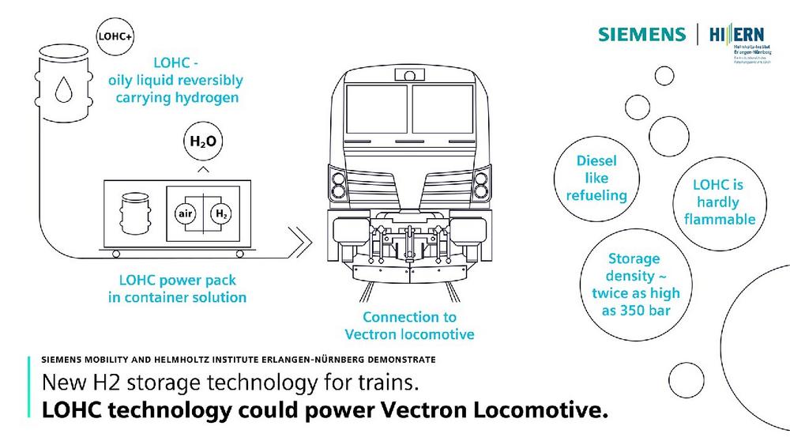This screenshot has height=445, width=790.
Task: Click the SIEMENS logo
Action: (x=641, y=34)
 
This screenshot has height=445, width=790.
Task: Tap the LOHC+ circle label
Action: (x=113, y=36)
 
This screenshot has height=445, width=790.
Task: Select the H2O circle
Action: (x=203, y=143)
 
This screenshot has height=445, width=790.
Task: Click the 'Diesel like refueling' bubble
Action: (x=597, y=178)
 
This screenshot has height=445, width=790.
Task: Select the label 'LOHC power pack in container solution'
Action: (x=177, y=288)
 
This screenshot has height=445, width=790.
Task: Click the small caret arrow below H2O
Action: (x=203, y=169)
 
